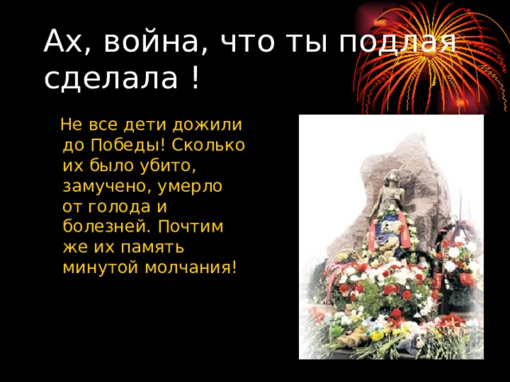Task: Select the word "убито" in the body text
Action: click(x=167, y=166)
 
